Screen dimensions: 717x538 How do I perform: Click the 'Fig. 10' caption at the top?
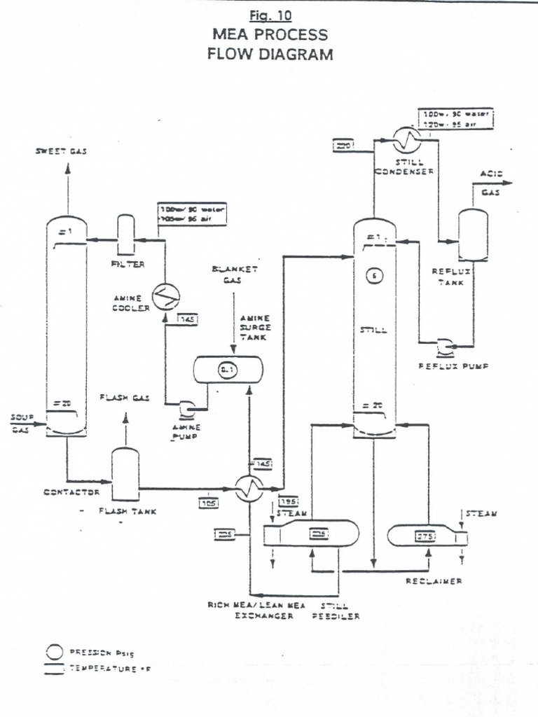point(269,15)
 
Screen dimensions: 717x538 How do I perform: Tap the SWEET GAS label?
point(61,152)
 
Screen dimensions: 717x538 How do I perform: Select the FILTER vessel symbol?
point(126,235)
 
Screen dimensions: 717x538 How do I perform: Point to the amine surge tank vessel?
point(228,369)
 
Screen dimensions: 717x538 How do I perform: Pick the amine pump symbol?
point(188,408)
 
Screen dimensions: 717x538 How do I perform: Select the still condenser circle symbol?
point(405,139)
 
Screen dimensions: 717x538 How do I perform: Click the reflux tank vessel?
point(473,235)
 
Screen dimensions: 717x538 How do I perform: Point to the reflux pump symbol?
point(444,345)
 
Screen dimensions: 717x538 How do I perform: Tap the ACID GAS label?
point(490,183)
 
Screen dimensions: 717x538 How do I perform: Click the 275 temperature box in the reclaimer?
point(426,536)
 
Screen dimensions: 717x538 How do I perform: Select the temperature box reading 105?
point(209,502)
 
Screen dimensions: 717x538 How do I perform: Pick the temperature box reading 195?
point(288,502)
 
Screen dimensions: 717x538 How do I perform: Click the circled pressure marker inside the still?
point(374,276)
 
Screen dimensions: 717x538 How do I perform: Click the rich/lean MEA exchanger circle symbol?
point(247,487)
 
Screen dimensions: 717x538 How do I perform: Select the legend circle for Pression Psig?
point(55,651)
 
